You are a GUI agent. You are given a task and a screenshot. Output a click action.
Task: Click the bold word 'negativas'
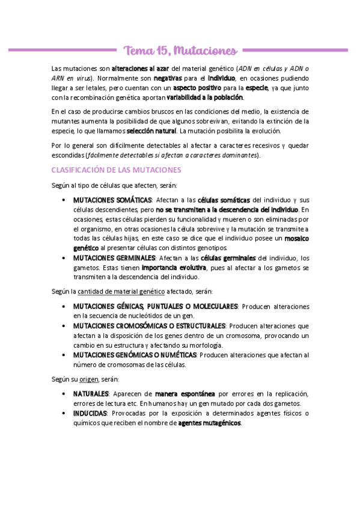click(170, 78)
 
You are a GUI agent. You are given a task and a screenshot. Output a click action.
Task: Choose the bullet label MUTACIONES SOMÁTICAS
click(112, 200)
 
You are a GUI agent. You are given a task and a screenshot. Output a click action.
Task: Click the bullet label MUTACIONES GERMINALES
click(114, 258)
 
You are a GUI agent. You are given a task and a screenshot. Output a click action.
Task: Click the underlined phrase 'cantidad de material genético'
click(121, 292)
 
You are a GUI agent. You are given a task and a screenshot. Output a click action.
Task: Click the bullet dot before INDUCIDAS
click(64, 414)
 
